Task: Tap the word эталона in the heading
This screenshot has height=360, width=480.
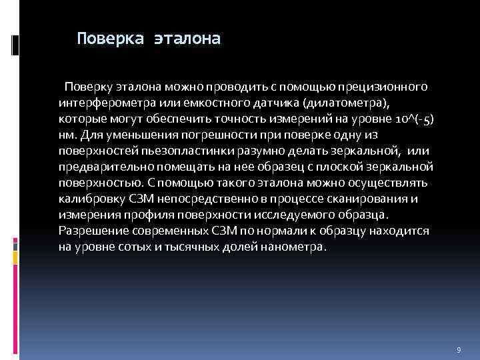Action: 187,39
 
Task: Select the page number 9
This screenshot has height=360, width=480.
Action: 459,350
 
